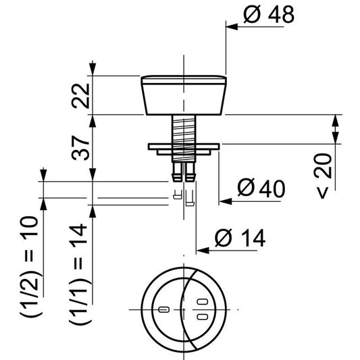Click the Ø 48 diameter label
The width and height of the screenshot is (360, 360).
coord(267,15)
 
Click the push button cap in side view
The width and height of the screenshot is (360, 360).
coord(183,95)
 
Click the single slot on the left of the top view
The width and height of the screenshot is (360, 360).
coord(163,310)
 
